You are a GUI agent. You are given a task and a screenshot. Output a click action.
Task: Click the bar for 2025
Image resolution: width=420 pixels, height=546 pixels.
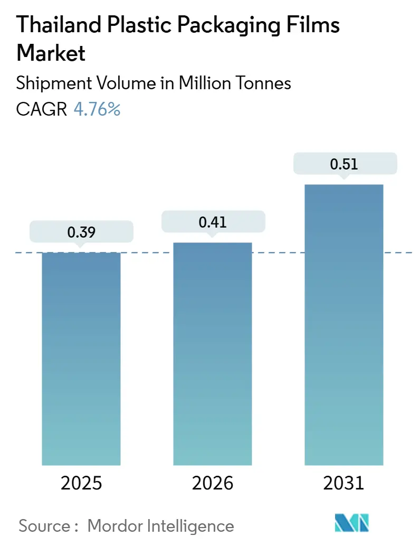pyautogui.click(x=81, y=359)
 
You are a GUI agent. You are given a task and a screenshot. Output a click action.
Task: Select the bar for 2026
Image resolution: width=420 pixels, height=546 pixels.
pyautogui.click(x=213, y=354)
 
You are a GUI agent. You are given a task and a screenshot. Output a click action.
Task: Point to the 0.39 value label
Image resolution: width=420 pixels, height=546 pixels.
pyautogui.click(x=81, y=232)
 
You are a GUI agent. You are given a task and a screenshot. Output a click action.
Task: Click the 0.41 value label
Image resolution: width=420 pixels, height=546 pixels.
pyautogui.click(x=213, y=222)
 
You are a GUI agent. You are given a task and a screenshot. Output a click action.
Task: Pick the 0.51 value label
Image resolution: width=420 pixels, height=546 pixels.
pyautogui.click(x=344, y=164)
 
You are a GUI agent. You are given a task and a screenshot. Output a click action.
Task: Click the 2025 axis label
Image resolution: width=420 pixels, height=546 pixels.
pyautogui.click(x=81, y=483)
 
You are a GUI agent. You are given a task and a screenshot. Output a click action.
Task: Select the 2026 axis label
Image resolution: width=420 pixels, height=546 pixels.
pyautogui.click(x=213, y=483)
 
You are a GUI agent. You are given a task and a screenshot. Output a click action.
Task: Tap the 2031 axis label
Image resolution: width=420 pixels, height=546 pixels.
pyautogui.click(x=344, y=483)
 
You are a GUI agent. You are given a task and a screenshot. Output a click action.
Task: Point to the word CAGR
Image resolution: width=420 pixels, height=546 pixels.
pyautogui.click(x=42, y=109)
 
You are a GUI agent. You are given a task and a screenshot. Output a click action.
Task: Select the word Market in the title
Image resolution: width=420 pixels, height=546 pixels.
pyautogui.click(x=51, y=53)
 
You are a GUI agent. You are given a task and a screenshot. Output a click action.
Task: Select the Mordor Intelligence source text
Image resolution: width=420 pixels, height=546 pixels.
pyautogui.click(x=160, y=525)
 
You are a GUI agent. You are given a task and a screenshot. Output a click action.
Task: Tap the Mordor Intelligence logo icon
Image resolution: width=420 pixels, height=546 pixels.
pyautogui.click(x=352, y=523)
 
